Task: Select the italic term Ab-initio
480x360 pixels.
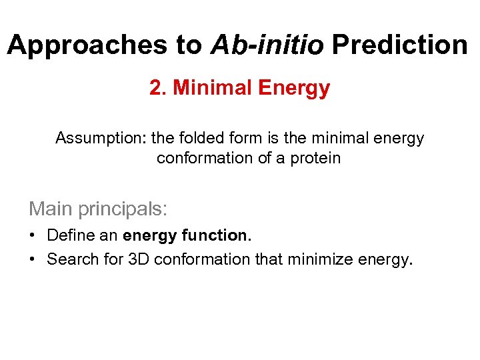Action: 267,45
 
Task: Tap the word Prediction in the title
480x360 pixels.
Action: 400,45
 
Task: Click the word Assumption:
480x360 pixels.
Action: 101,138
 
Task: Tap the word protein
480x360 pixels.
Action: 318,158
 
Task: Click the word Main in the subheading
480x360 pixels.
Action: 51,209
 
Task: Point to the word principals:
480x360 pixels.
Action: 123,209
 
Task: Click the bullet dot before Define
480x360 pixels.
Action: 32,235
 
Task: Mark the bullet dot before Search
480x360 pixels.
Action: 32,259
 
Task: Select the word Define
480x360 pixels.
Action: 67,235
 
